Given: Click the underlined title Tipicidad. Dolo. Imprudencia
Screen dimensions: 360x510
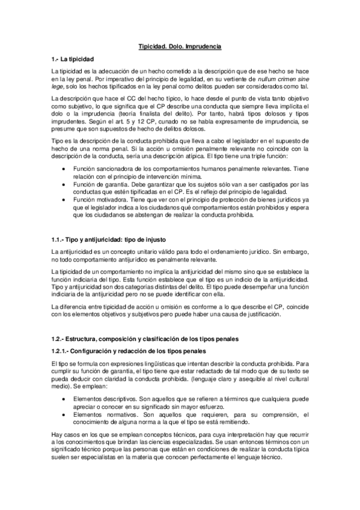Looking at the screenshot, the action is point(180,46).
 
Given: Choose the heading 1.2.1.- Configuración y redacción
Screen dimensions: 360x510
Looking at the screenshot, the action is point(129,351).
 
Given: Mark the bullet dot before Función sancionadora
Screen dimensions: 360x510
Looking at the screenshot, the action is point(64,169).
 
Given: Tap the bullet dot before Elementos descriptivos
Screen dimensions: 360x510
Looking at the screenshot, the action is point(64,398).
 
